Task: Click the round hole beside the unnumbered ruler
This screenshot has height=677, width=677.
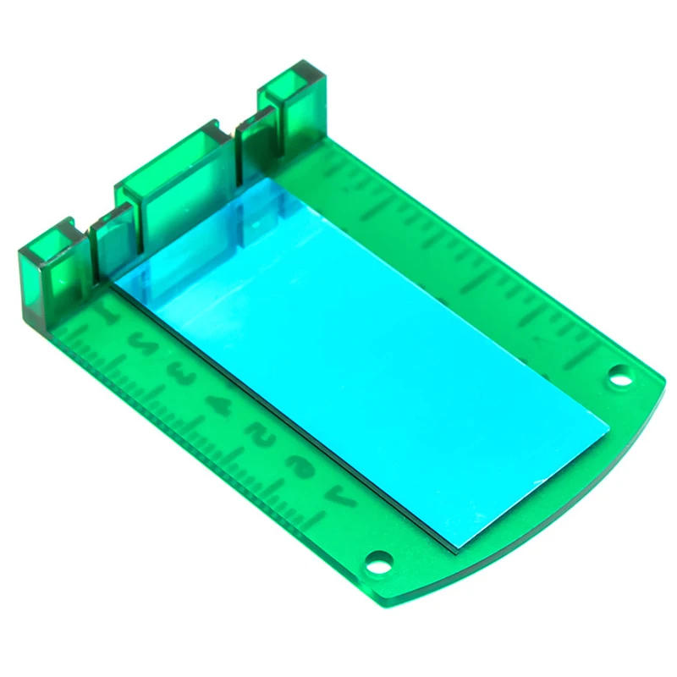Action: (619, 373)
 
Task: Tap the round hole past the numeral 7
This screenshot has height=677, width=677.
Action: (378, 560)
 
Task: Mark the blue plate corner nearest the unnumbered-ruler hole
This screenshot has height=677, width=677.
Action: (606, 422)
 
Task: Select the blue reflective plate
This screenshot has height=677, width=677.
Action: (364, 355)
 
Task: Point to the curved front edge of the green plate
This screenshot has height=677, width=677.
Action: (584, 508)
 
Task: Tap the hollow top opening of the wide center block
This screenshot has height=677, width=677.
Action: (169, 152)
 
